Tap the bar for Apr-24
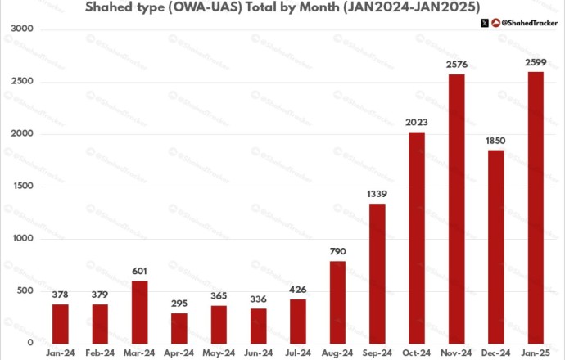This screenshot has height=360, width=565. click(x=179, y=328)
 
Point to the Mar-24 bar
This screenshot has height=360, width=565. click(x=140, y=312)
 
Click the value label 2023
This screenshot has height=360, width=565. click(x=417, y=123)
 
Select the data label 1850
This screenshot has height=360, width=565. click(x=496, y=141)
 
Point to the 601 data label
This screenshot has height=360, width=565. click(x=140, y=272)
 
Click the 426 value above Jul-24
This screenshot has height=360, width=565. click(x=299, y=290)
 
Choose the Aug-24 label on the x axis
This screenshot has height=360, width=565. click(x=338, y=353)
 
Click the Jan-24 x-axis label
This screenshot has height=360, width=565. click(x=61, y=353)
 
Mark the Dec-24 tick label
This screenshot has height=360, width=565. click(x=496, y=353)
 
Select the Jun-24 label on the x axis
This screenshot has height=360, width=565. click(x=259, y=353)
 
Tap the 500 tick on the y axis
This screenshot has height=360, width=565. click(x=25, y=291)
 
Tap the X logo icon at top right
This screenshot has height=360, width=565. click(x=485, y=23)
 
